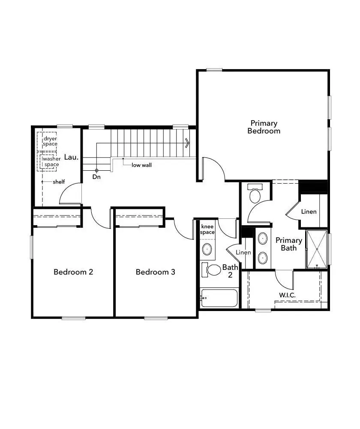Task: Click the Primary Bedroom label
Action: coord(264,127)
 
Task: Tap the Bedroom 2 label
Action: coord(73,272)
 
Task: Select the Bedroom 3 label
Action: coord(155,272)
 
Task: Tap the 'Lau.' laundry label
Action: coord(71,157)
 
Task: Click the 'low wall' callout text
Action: coord(141,165)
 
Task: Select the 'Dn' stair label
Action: coord(96,177)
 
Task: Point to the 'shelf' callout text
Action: coord(59,182)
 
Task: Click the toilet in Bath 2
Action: coord(212,269)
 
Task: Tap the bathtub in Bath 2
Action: coord(219,298)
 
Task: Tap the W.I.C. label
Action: coord(287,295)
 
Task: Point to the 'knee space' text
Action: coord(208,229)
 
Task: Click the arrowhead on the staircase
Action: coord(187,143)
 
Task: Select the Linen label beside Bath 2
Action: coord(243,252)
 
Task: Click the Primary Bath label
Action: coord(288,244)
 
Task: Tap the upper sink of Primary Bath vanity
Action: coord(262,239)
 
